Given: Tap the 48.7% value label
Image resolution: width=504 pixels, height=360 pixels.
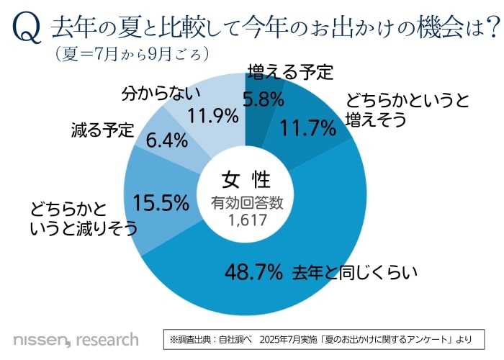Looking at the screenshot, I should tap(253, 272).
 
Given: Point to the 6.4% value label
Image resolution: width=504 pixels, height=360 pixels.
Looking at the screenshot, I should tap(166, 140).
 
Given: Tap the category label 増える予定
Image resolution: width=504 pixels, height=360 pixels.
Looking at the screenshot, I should tap(289, 73).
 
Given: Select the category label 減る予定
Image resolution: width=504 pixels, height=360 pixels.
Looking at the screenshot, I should tap(103, 130).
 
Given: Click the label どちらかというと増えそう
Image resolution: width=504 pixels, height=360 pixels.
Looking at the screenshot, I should tap(397, 109).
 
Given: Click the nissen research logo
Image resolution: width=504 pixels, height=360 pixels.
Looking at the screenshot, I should tap(76, 338).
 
